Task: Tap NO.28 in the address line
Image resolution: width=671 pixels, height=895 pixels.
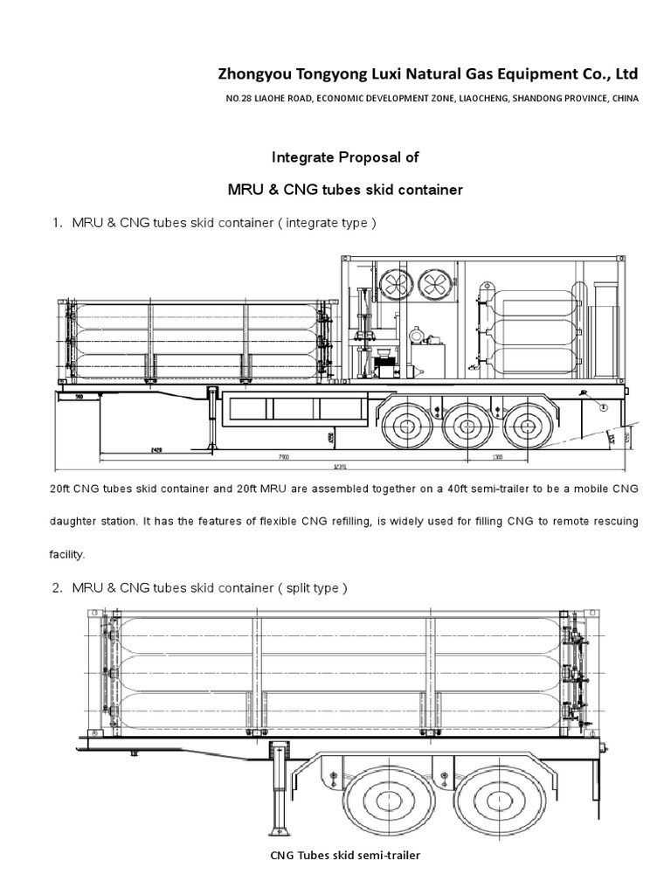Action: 239,99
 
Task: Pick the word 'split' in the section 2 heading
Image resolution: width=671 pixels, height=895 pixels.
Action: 299,587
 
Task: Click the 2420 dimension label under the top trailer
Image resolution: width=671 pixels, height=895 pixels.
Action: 156,449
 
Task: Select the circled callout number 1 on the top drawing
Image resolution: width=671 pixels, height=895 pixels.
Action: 602,405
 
